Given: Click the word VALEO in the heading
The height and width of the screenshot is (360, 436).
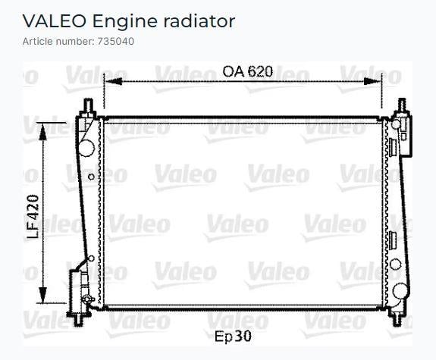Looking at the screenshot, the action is click(54, 21).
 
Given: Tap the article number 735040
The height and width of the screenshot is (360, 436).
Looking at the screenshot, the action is click(116, 42).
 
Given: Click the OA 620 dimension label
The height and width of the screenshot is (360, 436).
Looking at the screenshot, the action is click(247, 71).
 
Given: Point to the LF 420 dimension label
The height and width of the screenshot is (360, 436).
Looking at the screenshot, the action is click(33, 216).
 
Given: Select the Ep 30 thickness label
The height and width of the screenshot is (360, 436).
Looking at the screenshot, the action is click(233, 336).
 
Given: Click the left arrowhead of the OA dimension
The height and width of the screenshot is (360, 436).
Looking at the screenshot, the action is click(114, 81).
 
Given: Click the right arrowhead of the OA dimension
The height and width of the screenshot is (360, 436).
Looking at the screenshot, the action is click(372, 81).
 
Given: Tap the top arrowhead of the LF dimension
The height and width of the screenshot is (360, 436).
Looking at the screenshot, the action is click(42, 131).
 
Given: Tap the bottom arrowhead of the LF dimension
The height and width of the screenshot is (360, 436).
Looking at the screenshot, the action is click(42, 296).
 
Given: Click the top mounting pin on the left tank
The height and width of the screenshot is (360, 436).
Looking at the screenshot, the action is click(89, 105).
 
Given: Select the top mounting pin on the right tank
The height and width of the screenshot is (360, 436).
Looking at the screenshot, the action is click(402, 105).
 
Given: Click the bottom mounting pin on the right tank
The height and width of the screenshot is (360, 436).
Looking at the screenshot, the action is click(397, 318).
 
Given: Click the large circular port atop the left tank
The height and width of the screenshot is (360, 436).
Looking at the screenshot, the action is click(86, 148).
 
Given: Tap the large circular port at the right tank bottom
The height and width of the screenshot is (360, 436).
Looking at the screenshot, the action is click(400, 291).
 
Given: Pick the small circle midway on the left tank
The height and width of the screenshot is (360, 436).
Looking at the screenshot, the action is click(91, 177).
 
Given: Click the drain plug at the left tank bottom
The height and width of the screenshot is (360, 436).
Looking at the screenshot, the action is click(87, 299).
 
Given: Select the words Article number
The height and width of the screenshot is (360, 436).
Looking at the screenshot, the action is click(58, 42).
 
